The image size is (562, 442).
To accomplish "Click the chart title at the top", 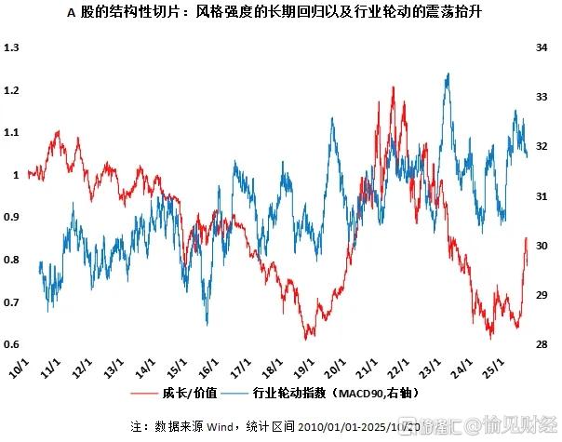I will (281, 13).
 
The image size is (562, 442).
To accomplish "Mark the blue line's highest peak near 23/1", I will (449, 74).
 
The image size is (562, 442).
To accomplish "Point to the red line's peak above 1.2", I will (395, 87).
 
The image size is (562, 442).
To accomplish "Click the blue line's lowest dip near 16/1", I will (207, 324).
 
